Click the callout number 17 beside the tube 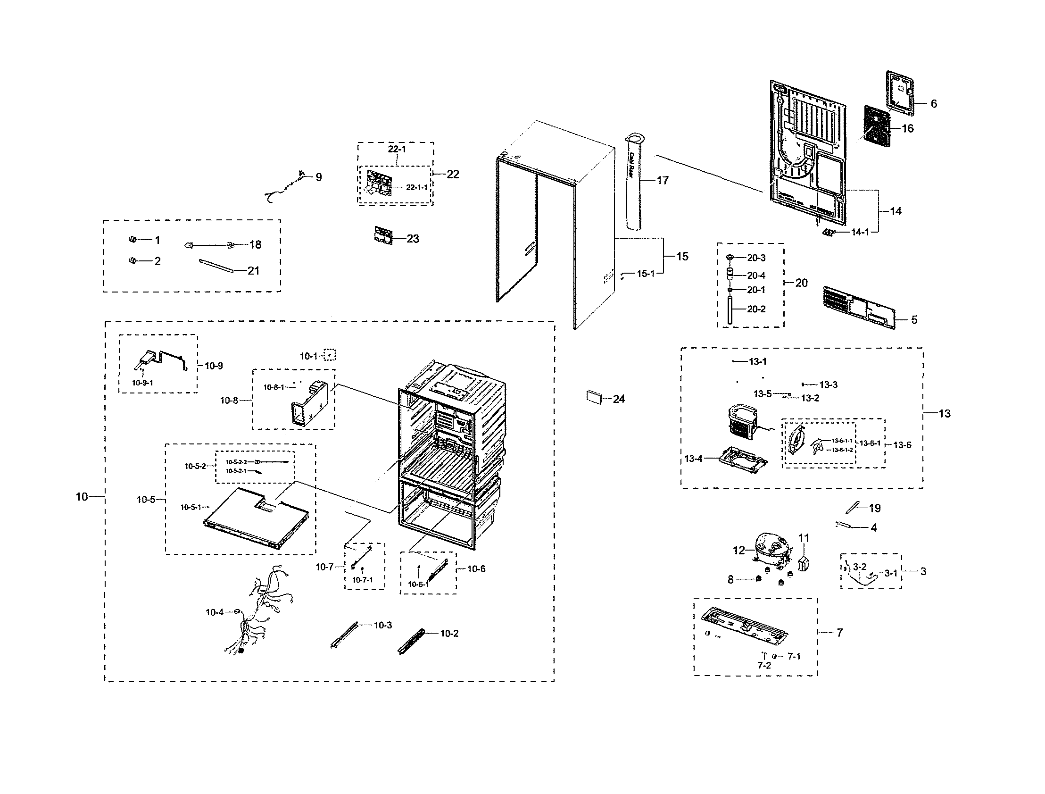point(663,181)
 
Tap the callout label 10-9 point(214,366)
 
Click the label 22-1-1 point(416,188)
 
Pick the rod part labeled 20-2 point(730,309)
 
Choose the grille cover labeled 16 point(877,124)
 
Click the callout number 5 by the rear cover point(914,320)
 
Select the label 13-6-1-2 point(842,450)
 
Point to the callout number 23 point(413,239)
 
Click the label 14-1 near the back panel point(860,232)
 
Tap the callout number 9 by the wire point(319,177)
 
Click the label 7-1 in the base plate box point(794,656)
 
